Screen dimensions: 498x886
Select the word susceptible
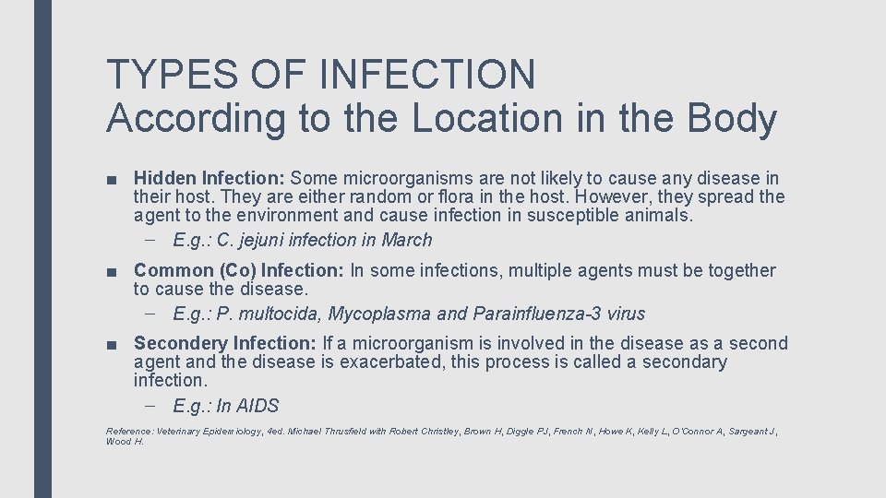click(x=564, y=215)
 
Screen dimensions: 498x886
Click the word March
click(x=406, y=240)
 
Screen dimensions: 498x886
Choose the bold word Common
click(x=174, y=270)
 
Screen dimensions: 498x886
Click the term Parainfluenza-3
click(x=536, y=314)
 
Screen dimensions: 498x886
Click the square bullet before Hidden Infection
click(x=111, y=179)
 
